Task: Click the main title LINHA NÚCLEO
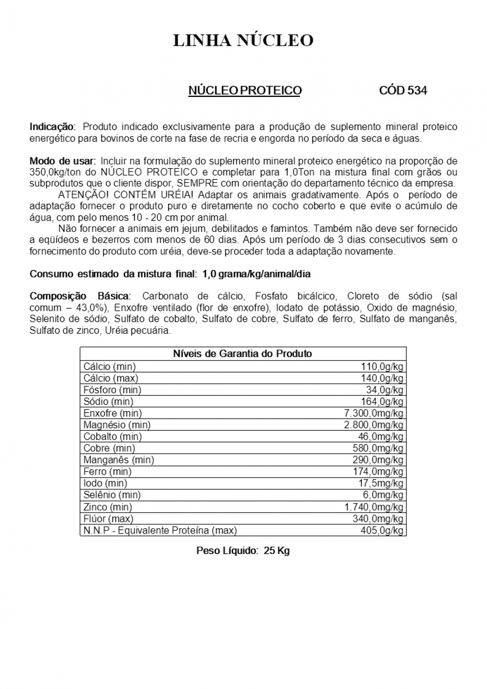243,40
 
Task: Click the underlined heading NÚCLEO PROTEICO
245,91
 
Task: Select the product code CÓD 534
403,91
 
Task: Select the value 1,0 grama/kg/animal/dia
256,274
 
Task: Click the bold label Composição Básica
80,296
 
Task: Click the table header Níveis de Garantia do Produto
243,354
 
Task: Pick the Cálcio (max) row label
111,378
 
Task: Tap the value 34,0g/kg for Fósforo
385,390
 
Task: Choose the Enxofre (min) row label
112,413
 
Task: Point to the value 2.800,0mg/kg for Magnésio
374,425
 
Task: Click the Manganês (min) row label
118,460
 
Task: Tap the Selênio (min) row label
112,495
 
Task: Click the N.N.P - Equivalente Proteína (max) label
160,530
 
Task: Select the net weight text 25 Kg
277,551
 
